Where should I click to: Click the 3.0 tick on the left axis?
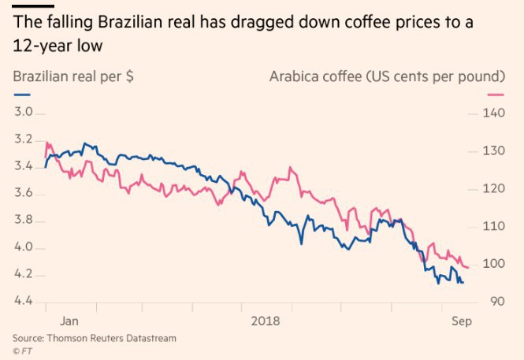[24, 113]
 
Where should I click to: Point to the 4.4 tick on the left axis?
[24, 302]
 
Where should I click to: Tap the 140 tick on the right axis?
[492, 113]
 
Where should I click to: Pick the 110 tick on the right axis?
[492, 226]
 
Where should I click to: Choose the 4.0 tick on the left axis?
[24, 247]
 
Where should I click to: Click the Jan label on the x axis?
[69, 321]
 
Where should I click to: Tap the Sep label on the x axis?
[462, 321]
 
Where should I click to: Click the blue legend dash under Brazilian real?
[20, 95]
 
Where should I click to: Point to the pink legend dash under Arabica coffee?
[496, 95]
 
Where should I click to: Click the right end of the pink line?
[469, 268]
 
